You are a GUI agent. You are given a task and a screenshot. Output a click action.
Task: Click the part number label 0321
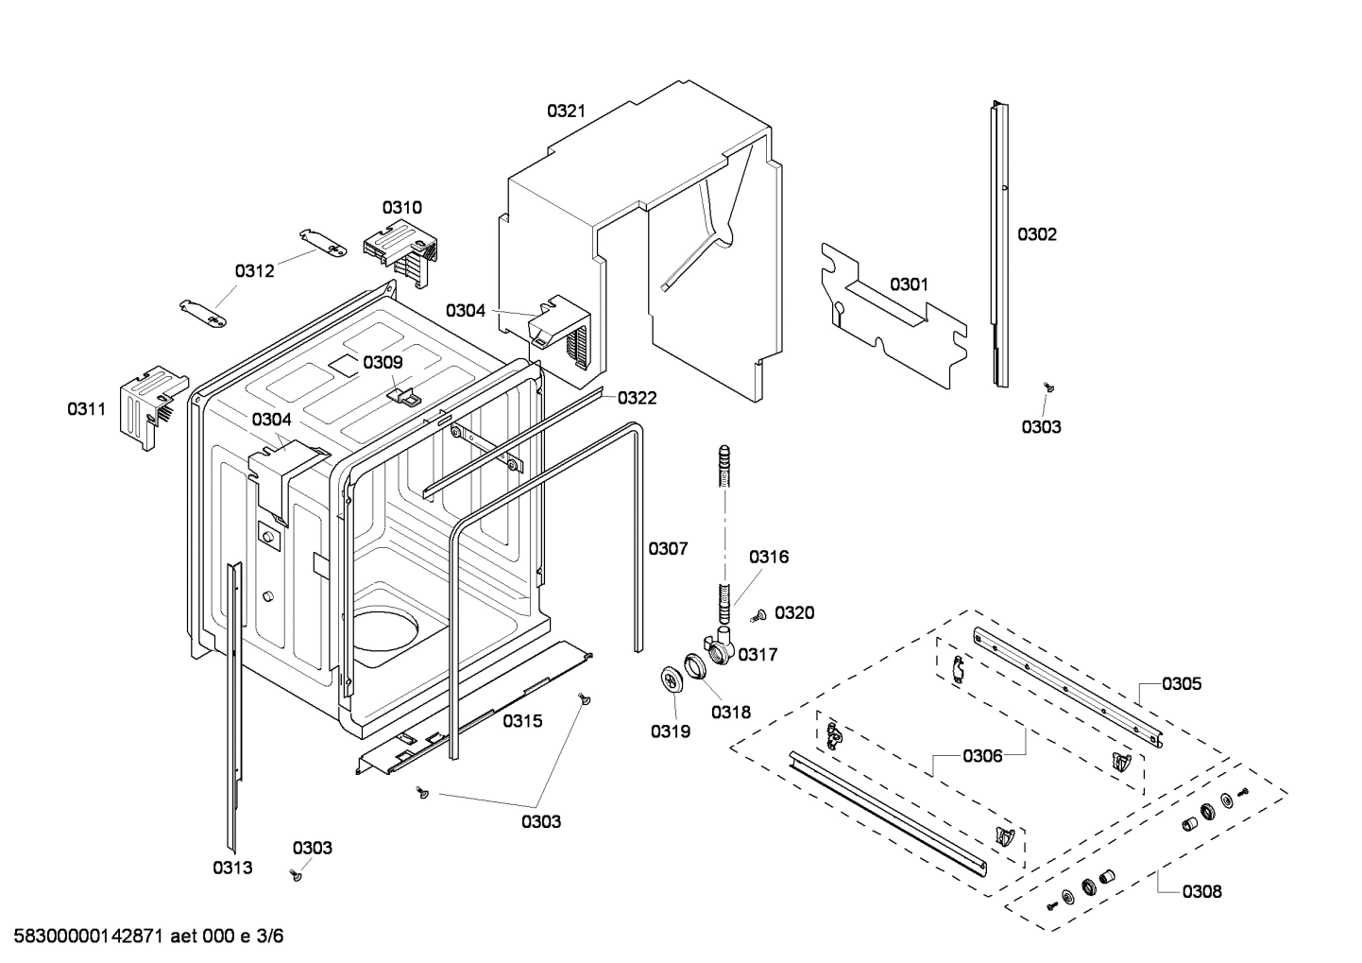(x=566, y=111)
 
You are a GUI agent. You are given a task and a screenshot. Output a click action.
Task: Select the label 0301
(x=909, y=284)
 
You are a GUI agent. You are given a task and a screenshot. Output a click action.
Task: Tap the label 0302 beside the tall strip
(x=1036, y=234)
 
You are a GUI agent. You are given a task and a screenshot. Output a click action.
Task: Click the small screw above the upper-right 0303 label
(x=1047, y=387)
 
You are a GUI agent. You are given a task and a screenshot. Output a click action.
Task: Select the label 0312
(x=254, y=271)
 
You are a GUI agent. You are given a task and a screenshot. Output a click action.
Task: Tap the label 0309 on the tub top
(x=383, y=362)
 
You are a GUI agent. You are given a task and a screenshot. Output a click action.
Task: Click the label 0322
(x=637, y=398)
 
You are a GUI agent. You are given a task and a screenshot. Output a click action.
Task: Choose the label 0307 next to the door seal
(x=668, y=548)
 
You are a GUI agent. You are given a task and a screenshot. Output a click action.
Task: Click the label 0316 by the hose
(x=769, y=557)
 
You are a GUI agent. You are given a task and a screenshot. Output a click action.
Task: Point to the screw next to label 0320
(x=758, y=616)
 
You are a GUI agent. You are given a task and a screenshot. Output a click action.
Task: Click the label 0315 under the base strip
(x=522, y=721)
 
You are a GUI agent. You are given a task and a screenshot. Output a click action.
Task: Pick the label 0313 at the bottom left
(x=232, y=868)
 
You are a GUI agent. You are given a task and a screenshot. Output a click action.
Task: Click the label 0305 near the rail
(x=1182, y=683)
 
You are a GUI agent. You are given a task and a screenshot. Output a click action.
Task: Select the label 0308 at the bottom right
(x=1201, y=891)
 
